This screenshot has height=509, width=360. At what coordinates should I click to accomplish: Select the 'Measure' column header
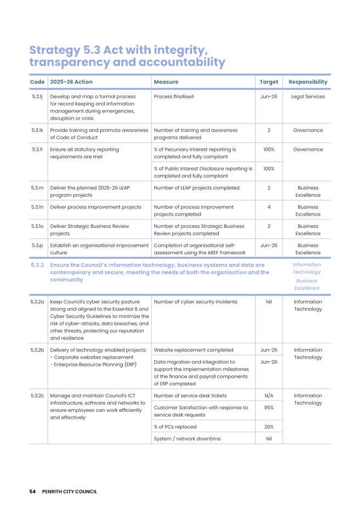click(x=166, y=82)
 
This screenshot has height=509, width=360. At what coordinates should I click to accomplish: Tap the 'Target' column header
click(x=269, y=82)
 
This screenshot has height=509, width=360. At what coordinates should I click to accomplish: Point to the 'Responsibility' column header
click(x=308, y=82)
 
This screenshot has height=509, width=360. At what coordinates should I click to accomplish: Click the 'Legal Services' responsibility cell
click(x=308, y=97)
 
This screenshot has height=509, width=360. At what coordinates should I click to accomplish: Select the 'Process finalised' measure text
click(x=173, y=97)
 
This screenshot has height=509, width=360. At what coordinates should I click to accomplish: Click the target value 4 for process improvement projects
click(x=269, y=207)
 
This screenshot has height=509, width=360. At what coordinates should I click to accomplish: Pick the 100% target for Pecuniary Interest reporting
click(x=269, y=149)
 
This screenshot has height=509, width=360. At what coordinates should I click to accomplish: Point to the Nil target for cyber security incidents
click(x=269, y=302)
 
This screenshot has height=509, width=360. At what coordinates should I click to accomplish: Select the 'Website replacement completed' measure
click(x=193, y=349)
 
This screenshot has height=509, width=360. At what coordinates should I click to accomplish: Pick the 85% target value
click(x=269, y=408)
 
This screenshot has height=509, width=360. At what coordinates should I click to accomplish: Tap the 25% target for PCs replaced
click(x=269, y=426)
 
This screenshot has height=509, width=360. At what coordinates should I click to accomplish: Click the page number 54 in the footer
click(x=32, y=491)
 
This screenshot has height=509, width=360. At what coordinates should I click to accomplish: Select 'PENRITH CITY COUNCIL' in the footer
click(x=70, y=491)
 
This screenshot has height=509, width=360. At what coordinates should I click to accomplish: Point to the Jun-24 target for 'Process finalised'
click(x=269, y=97)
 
